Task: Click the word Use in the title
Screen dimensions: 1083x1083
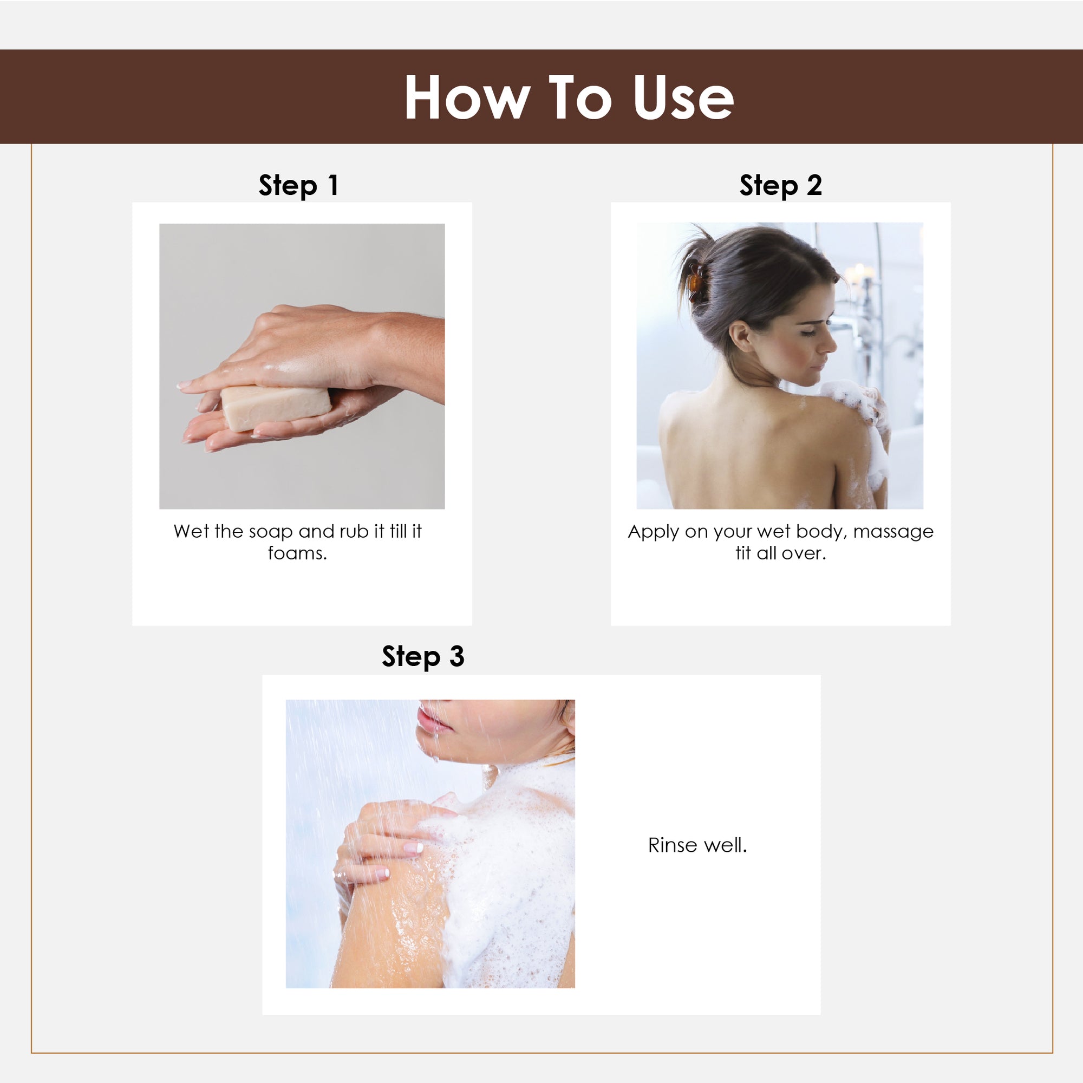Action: (x=683, y=97)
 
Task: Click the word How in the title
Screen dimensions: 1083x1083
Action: (x=467, y=97)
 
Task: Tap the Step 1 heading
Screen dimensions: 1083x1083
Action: (x=299, y=186)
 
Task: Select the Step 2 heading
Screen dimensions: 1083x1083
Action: (x=780, y=186)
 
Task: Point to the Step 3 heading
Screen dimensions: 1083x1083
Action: (x=423, y=656)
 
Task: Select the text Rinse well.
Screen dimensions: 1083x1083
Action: (x=697, y=845)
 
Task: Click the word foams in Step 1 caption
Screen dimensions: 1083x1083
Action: (x=297, y=553)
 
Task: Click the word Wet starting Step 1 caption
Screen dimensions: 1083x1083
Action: (x=191, y=531)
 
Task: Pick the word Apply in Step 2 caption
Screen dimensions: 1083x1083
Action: (x=653, y=532)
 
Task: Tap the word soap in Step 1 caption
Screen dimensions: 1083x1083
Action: (x=270, y=532)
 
